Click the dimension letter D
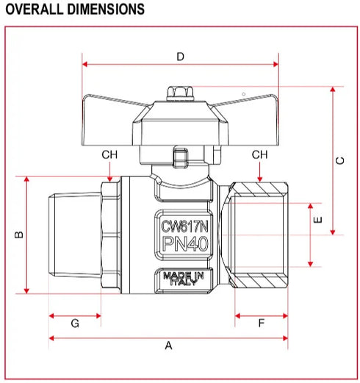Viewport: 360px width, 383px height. tap(181, 56)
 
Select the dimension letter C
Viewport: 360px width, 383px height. tap(339, 161)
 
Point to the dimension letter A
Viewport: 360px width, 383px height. tap(168, 345)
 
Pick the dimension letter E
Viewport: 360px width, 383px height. tap(318, 221)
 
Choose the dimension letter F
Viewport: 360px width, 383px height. tap(262, 323)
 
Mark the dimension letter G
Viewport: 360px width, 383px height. tap(74, 323)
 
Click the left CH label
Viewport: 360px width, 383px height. tap(109, 154)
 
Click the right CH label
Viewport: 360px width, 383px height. tap(260, 154)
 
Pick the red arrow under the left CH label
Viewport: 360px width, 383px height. tap(109, 172)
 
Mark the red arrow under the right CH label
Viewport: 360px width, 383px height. tap(260, 172)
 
